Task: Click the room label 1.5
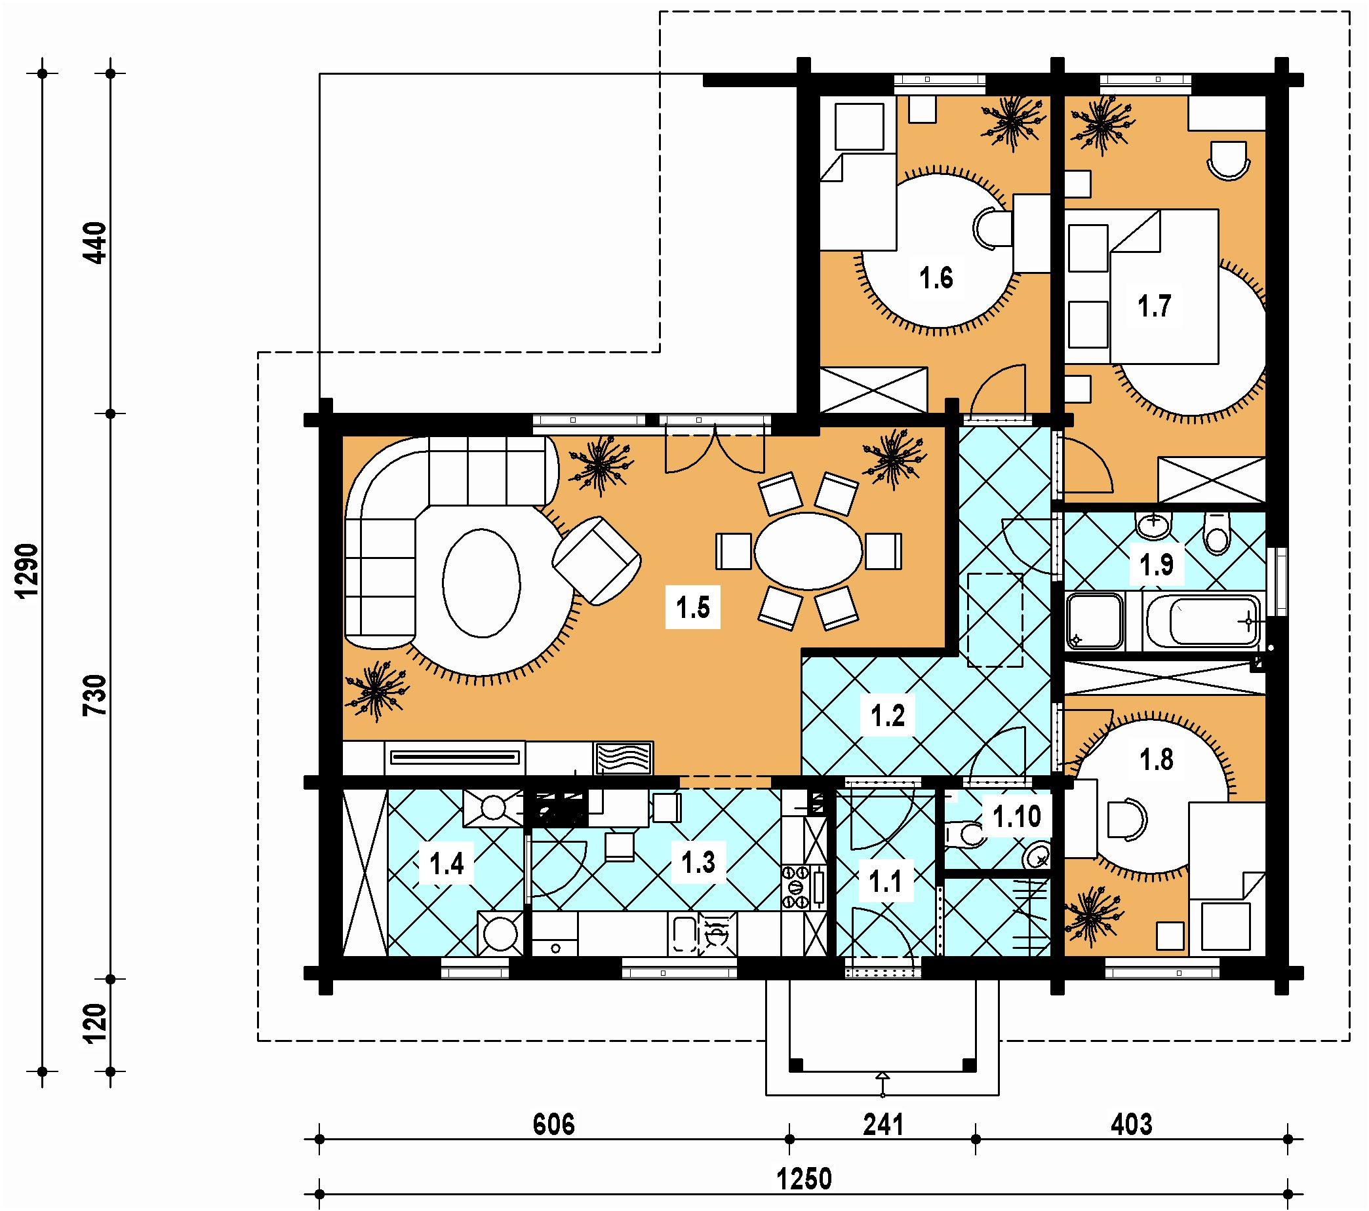(692, 609)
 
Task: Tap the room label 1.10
(1016, 817)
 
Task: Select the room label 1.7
(1155, 307)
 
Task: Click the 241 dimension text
(883, 1124)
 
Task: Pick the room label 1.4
(446, 864)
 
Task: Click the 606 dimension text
(554, 1124)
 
